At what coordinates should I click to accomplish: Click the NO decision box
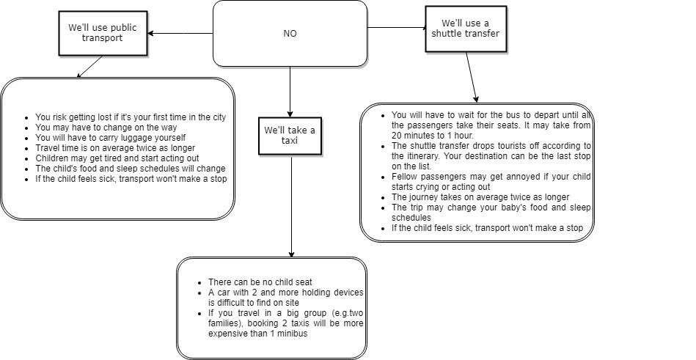coord(290,33)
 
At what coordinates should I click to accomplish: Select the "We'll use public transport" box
coord(103,33)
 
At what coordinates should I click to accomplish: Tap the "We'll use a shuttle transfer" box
coord(466,29)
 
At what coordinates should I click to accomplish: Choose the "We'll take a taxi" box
coord(290,136)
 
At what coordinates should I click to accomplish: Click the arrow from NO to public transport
coord(180,33)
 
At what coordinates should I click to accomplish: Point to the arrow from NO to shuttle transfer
coord(396,28)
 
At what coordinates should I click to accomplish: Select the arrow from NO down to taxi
coord(290,92)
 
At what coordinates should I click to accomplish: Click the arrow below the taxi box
coord(291,207)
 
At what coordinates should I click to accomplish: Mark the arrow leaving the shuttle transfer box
coord(472,77)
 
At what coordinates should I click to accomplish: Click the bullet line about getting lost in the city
coord(131,117)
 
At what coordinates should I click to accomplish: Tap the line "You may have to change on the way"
coord(106,128)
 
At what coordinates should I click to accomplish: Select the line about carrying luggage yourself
coord(111,138)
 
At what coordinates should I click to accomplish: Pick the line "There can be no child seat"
coord(260,282)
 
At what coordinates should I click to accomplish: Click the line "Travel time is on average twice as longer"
coord(115,148)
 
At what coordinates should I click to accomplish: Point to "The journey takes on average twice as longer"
coord(480,197)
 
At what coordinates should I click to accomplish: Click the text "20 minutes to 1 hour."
coord(433,136)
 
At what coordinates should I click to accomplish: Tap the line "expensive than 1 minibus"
coord(258,334)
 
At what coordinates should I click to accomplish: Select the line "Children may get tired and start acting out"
coord(117,158)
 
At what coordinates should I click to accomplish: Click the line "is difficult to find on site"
coord(254,303)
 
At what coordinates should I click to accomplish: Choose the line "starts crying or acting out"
coord(441,187)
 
